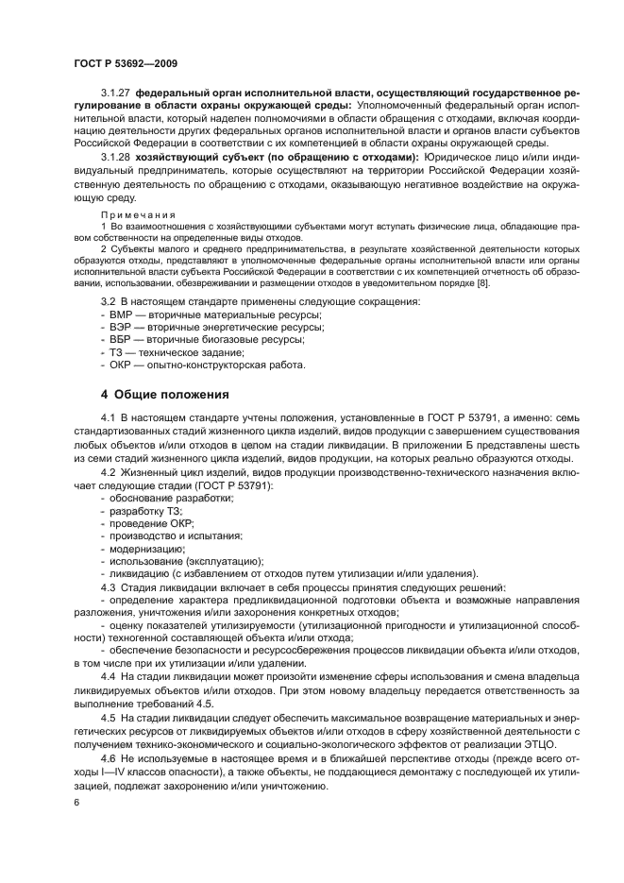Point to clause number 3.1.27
pos(116,94)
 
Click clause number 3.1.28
pos(116,156)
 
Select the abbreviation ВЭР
pos(120,327)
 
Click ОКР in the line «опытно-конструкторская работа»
pos(120,365)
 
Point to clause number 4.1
pos(110,417)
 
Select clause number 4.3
pos(110,587)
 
